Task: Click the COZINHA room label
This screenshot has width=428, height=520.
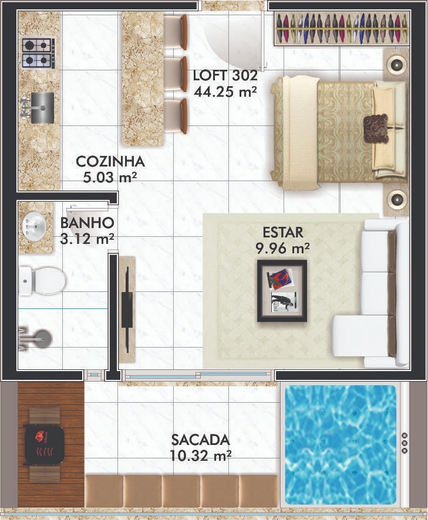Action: pyautogui.click(x=110, y=161)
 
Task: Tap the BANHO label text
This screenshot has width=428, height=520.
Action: pyautogui.click(x=87, y=223)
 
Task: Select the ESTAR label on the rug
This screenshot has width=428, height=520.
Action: pyautogui.click(x=283, y=233)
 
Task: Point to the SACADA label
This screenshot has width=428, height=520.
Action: pyautogui.click(x=201, y=440)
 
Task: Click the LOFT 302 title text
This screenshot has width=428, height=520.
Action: pyautogui.click(x=225, y=76)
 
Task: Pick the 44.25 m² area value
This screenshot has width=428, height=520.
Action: pyautogui.click(x=225, y=91)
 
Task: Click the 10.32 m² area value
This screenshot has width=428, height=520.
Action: pyautogui.click(x=201, y=456)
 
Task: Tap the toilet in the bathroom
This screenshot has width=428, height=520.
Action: pyautogui.click(x=42, y=281)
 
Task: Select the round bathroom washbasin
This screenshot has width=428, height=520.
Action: pyautogui.click(x=34, y=227)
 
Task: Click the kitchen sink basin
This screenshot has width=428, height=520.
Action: pyautogui.click(x=42, y=108)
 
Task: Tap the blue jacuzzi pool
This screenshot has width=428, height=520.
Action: pyautogui.click(x=341, y=450)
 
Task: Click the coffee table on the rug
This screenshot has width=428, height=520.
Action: pyautogui.click(x=282, y=291)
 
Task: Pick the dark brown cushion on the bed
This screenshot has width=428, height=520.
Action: pyautogui.click(x=376, y=129)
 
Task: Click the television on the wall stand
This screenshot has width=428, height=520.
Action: pyautogui.click(x=127, y=310)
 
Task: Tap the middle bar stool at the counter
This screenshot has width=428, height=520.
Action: pyautogui.click(x=176, y=74)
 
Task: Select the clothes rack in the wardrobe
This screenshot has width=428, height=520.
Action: pyautogui.click(x=342, y=29)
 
